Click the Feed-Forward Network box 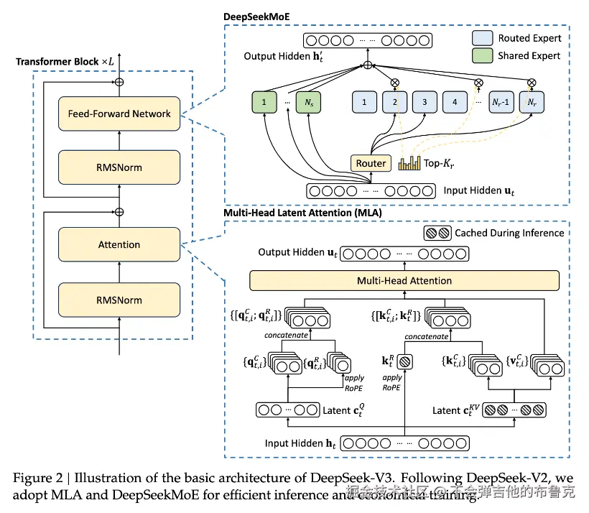(x=119, y=114)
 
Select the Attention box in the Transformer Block (x=119, y=244)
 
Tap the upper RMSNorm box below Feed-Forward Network (x=119, y=167)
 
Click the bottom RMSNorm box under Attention (x=119, y=300)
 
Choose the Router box (x=371, y=163)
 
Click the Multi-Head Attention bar (x=404, y=280)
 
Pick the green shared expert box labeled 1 (x=264, y=103)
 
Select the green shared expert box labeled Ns (x=309, y=103)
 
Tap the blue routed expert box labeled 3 (x=425, y=103)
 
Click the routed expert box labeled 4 (x=455, y=103)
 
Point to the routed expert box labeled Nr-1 (x=501, y=103)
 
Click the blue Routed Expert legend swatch (x=485, y=38)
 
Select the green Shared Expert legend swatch (x=485, y=55)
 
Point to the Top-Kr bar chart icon (x=408, y=164)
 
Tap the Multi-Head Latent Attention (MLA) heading (x=302, y=213)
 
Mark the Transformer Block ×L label (x=65, y=62)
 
